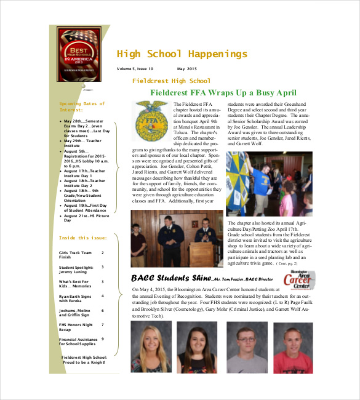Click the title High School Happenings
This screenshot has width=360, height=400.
[182, 54]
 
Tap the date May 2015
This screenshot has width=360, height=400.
[187, 69]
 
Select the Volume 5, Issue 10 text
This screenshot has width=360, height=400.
[135, 69]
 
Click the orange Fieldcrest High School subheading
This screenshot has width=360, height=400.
[171, 81]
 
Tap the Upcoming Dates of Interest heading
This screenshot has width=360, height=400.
[82, 106]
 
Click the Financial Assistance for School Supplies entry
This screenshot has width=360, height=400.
[78, 342]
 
